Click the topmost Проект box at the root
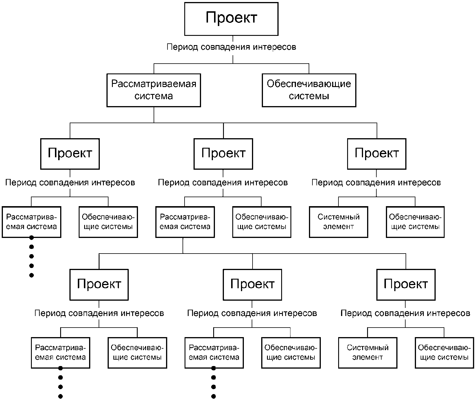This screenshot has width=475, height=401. [x=231, y=19]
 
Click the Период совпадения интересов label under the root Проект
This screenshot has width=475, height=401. [x=231, y=47]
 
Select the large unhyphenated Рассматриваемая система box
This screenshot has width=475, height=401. [x=154, y=90]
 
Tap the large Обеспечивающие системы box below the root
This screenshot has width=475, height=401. [x=309, y=90]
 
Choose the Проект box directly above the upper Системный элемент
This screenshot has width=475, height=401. [x=377, y=154]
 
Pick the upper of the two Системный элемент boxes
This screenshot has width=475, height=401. [x=338, y=222]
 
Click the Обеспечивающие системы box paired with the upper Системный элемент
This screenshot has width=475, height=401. [x=415, y=222]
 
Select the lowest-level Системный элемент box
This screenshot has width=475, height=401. [x=367, y=352]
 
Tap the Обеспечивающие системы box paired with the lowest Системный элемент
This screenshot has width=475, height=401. [x=444, y=352]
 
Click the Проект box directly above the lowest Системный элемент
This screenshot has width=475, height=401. [x=406, y=284]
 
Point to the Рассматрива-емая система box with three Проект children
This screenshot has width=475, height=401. [x=185, y=222]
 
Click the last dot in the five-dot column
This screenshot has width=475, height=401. [x=32, y=275]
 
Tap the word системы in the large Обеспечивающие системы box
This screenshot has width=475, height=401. [x=309, y=96]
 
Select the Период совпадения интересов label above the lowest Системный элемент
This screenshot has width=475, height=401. [x=405, y=313]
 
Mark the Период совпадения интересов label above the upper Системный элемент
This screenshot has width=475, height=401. [x=376, y=183]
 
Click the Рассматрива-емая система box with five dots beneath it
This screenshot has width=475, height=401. [x=32, y=222]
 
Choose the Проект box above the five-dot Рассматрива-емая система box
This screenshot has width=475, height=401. [x=70, y=154]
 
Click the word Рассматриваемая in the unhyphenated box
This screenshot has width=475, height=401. [x=154, y=84]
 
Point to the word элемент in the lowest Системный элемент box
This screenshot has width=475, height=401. [x=367, y=357]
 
